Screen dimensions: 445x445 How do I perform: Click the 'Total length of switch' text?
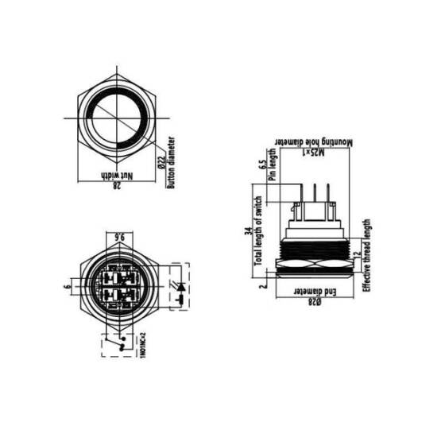pos(258,230)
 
